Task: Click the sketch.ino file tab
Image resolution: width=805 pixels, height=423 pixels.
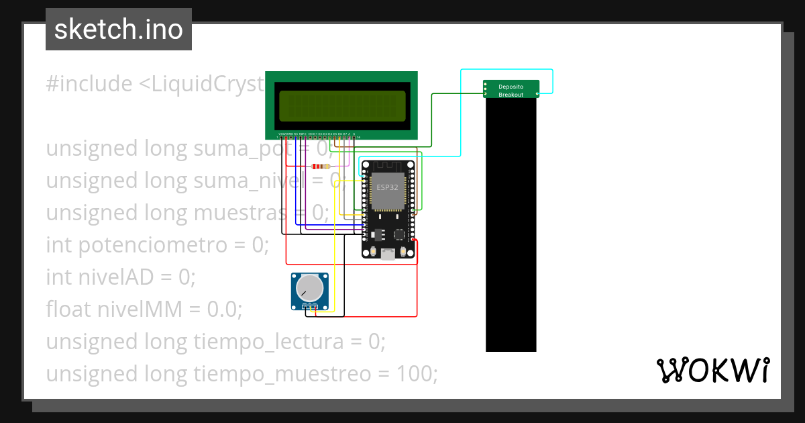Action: coord(119,30)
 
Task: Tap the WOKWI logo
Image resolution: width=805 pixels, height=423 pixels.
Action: coord(712,370)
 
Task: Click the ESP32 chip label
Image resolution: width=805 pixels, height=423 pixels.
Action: coord(387,187)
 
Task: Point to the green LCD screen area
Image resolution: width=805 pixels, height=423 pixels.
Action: coord(341,105)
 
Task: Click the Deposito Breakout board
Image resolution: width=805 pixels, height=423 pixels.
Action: coord(511,89)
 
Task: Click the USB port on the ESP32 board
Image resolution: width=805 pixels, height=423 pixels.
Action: coord(388,254)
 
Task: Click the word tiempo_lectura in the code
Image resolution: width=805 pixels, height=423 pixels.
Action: coord(266,342)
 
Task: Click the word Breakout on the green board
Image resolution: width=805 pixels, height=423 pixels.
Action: coord(511,95)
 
